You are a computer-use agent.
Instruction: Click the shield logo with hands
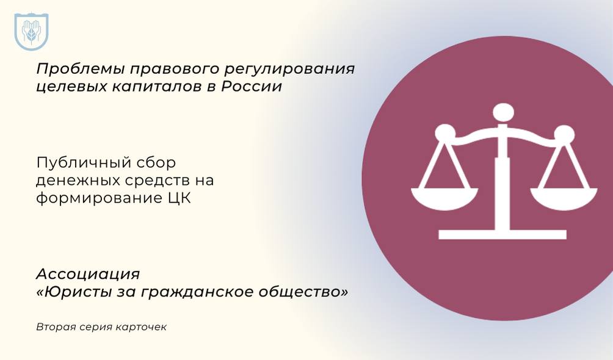click(x=31, y=32)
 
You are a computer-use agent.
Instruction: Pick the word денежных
click(x=78, y=181)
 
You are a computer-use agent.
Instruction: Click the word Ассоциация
click(x=88, y=275)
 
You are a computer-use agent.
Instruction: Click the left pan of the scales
click(x=444, y=198)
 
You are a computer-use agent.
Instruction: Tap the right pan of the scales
click(x=564, y=198)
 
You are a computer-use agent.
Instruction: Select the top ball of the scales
click(x=503, y=112)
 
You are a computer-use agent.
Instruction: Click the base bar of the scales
click(x=502, y=234)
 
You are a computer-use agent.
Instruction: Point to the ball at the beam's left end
click(x=445, y=133)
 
